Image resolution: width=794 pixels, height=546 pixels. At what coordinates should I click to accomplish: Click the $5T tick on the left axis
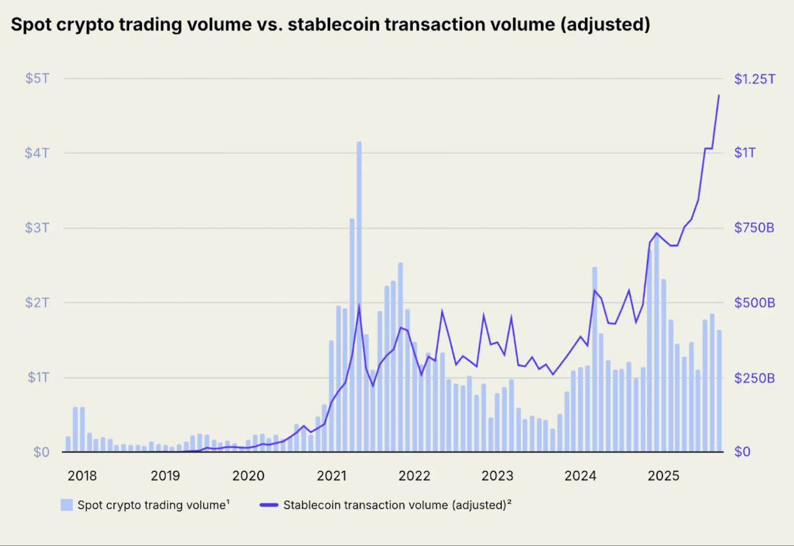click(37, 79)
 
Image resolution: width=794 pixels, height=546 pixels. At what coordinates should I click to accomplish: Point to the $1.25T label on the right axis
click(754, 79)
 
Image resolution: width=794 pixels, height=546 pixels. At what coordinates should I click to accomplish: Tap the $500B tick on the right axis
click(754, 303)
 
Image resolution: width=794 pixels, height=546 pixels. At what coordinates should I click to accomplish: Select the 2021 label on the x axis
click(331, 476)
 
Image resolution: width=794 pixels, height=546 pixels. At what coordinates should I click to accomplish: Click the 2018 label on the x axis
click(82, 476)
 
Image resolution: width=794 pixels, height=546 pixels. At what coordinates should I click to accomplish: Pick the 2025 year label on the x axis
click(663, 476)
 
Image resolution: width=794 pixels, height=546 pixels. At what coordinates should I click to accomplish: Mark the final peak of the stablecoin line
click(719, 96)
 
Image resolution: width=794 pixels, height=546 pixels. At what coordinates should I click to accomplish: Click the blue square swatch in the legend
click(66, 504)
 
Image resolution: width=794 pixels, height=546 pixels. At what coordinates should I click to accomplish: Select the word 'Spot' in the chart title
click(31, 25)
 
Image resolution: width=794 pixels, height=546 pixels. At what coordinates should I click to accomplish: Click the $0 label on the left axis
click(40, 452)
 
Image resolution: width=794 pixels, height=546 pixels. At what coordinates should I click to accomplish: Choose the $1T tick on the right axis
click(744, 153)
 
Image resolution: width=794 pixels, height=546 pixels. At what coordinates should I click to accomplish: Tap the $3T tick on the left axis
click(37, 228)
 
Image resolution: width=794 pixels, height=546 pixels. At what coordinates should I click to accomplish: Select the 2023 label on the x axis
click(497, 476)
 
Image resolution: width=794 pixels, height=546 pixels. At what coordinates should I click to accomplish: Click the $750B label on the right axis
click(754, 228)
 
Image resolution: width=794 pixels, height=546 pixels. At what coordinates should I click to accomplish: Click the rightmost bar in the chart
click(719, 391)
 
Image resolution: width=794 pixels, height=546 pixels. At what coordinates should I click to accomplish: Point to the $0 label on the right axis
click(743, 452)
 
